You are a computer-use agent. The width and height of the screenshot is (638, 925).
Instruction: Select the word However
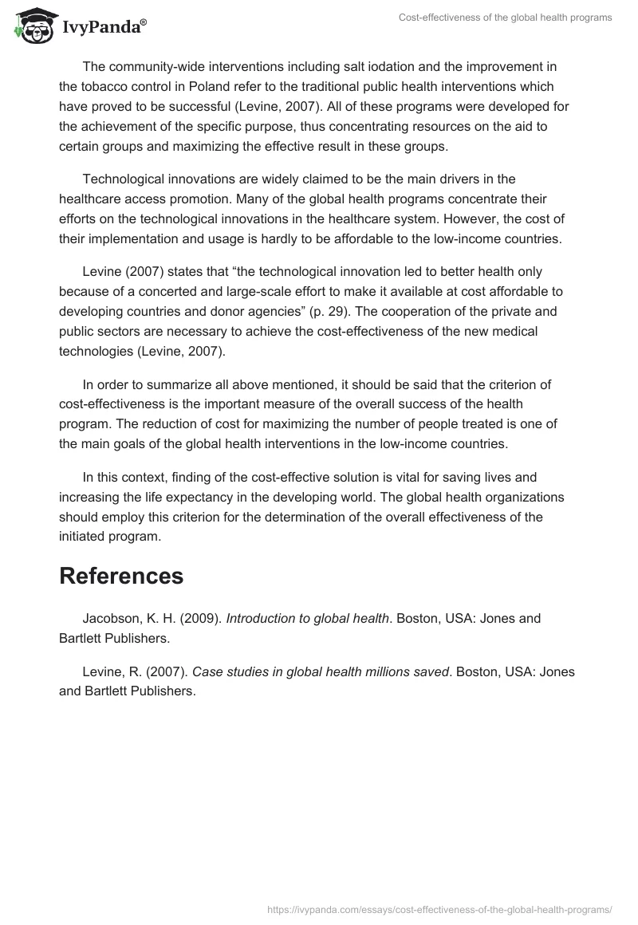tap(427, 218)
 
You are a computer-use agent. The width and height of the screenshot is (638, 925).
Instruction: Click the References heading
tap(121, 576)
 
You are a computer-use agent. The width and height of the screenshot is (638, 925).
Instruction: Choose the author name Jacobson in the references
tap(112, 618)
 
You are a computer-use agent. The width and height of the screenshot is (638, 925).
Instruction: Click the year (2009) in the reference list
tap(202, 618)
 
